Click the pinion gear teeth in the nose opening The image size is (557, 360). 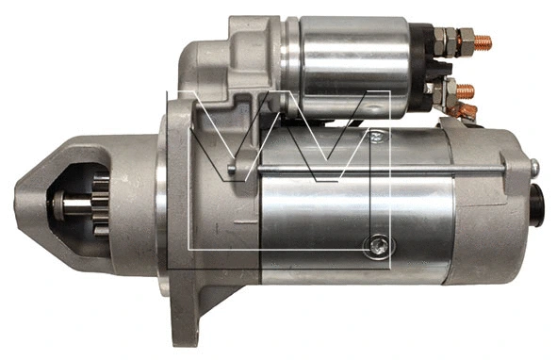(x=101, y=205)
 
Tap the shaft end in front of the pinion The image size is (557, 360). (x=74, y=206)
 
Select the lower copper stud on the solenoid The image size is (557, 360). (x=465, y=91)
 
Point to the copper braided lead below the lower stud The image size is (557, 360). (x=464, y=111)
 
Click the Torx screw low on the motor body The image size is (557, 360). (x=379, y=246)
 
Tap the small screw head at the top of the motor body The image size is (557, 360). (x=376, y=136)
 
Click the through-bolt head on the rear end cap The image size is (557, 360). (x=534, y=167)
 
